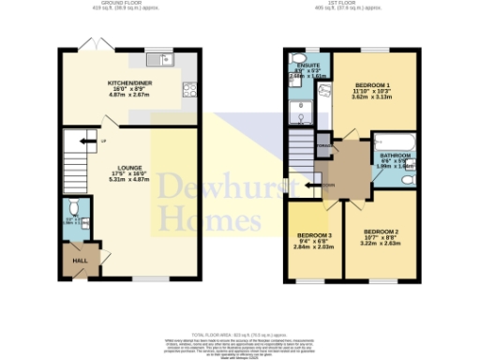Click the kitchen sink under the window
164,61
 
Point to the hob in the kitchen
188,91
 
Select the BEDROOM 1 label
372,85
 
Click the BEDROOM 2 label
382,231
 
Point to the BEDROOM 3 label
314,234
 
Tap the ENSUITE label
306,66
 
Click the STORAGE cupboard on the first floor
322,146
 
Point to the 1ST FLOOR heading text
352,4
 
